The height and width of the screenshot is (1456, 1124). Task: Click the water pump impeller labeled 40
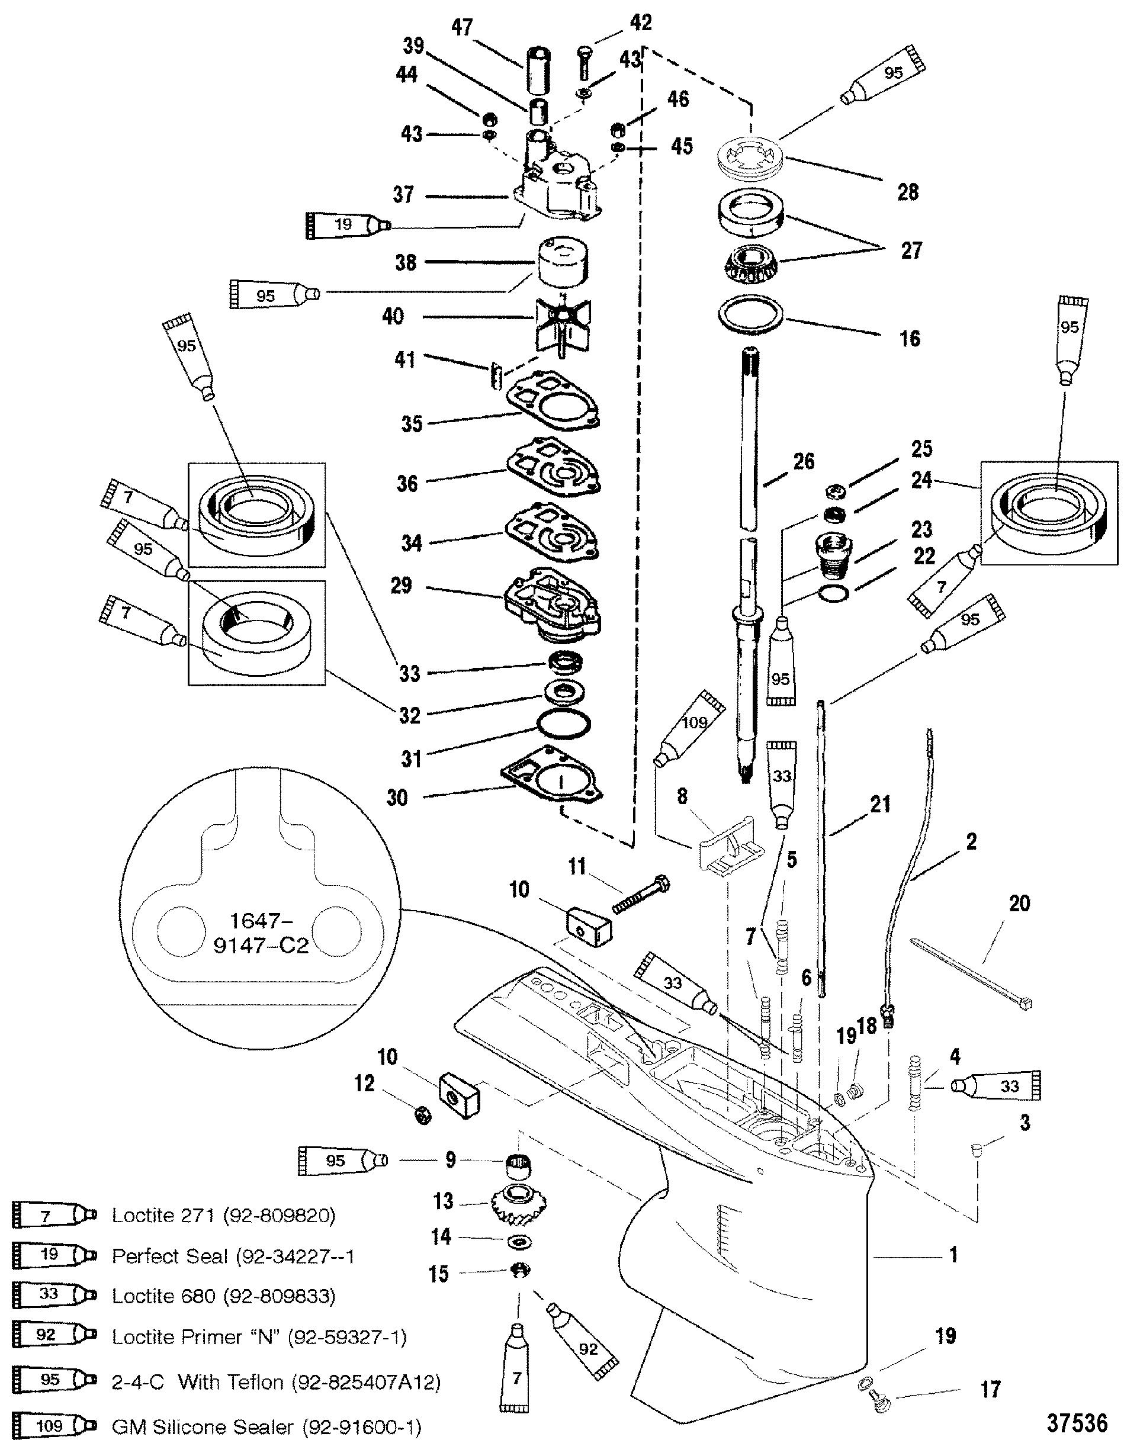[561, 325]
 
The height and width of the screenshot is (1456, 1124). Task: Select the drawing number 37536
[1076, 1423]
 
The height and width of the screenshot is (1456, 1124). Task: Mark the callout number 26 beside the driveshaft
[804, 461]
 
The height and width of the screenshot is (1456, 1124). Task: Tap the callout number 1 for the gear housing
[954, 1254]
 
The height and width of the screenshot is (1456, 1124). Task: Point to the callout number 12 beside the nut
[364, 1084]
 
